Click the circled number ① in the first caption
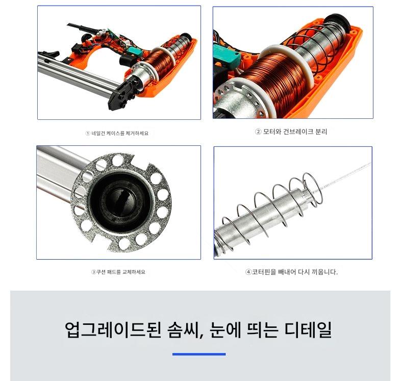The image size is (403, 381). coord(88,133)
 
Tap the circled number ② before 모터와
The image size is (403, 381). coord(258,132)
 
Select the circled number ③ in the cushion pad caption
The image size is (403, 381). coord(93,272)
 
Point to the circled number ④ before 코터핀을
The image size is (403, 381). coord(248,272)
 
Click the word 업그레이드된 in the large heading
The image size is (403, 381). coord(113,329)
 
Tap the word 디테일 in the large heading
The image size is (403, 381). coord(308,329)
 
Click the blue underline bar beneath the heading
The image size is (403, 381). coord(199,354)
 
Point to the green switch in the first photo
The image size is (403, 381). coord(136,51)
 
